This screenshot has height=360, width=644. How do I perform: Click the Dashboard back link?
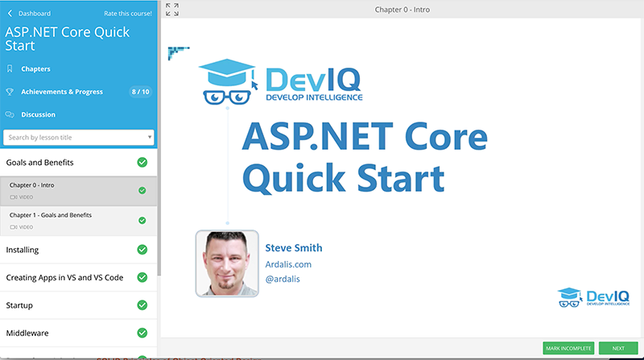coord(29,14)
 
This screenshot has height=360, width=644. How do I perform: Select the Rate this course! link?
coord(128,14)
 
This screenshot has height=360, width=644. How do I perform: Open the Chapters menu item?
coord(35,69)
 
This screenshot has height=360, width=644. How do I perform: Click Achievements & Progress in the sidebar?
coord(62,92)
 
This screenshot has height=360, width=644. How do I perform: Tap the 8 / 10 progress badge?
coord(140,92)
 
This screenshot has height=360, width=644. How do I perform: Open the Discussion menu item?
coord(38,114)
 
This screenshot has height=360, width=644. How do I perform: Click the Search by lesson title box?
coord(78,137)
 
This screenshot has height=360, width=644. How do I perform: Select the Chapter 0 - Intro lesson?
coord(31,185)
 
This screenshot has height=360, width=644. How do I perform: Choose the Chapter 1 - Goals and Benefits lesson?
coord(51,215)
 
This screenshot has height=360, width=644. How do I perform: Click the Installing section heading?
coord(23,250)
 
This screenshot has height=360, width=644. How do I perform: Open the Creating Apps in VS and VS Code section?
coord(64,278)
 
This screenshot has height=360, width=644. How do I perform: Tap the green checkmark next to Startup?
coord(142,305)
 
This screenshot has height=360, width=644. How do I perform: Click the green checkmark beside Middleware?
coord(142,333)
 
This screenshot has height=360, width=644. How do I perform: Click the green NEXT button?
coord(618,348)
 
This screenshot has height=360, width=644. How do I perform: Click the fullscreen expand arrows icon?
coord(172,10)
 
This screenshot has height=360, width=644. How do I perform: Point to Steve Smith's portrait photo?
coord(227,263)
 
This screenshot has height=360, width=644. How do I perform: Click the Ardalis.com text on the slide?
coord(288,265)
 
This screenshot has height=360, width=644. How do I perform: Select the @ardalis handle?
coord(283,279)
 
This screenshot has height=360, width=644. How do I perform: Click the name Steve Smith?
coord(294,248)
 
